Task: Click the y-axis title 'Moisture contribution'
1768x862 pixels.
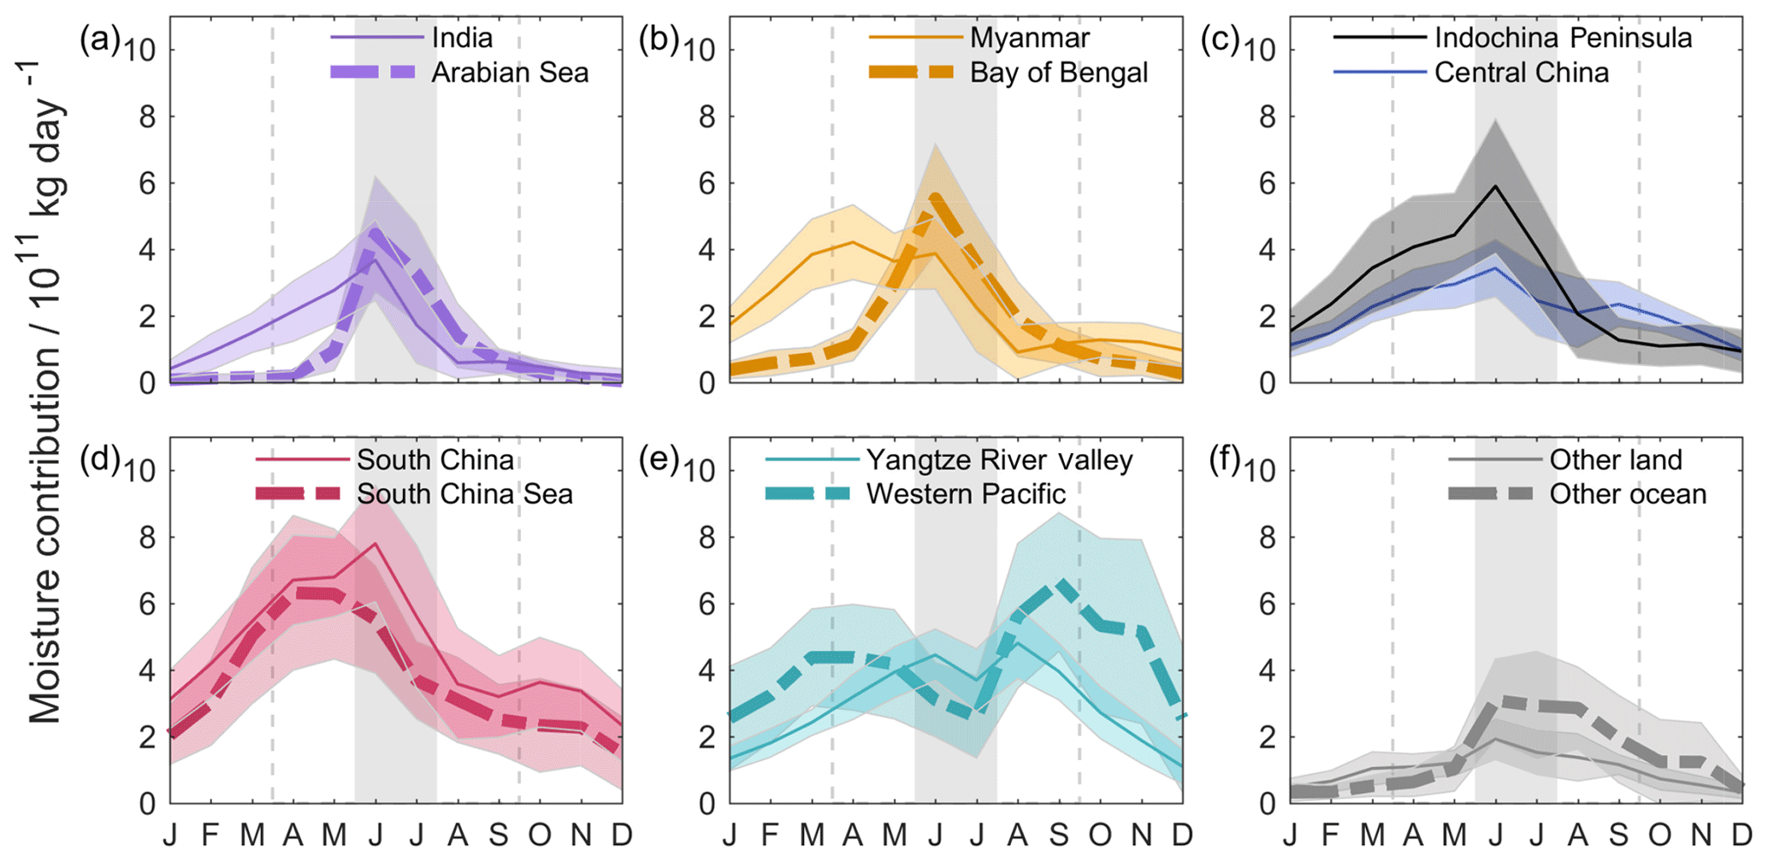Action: coord(44,410)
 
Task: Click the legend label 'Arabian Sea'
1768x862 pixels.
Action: coord(510,73)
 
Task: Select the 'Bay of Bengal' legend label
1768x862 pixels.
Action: coord(1059,73)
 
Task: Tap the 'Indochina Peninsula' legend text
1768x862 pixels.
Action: coord(1563,38)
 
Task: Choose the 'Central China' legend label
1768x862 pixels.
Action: coord(1522,73)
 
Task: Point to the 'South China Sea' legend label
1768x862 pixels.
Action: coord(464,494)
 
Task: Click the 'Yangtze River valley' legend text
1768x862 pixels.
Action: coord(999,460)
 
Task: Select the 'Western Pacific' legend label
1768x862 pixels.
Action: coord(966,494)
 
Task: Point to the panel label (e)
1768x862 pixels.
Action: coord(659,460)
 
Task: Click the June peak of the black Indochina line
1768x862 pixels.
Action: coord(1495,186)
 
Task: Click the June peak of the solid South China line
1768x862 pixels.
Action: coord(375,544)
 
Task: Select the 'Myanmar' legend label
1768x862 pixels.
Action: coord(1030,38)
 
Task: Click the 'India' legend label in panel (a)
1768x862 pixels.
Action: coord(462,38)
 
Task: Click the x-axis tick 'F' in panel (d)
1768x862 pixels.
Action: coord(210,835)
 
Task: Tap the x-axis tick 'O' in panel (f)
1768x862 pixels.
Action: coord(1659,835)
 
